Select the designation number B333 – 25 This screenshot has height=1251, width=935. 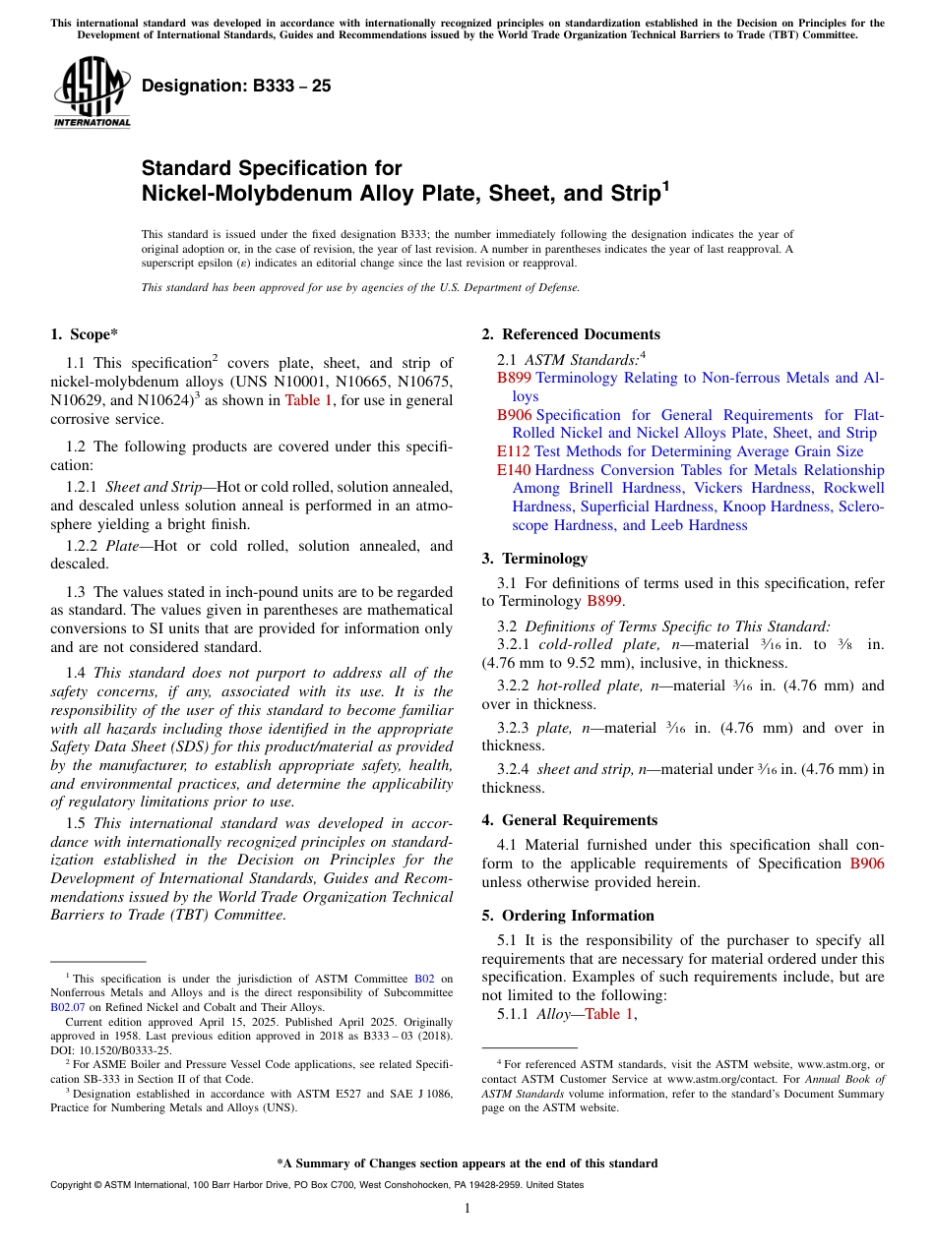[236, 87]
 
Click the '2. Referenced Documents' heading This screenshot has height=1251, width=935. [571, 334]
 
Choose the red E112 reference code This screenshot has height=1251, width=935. [514, 451]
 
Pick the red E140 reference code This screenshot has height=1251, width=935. [514, 470]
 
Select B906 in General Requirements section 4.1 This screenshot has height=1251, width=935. [866, 864]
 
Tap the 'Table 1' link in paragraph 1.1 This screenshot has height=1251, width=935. [308, 400]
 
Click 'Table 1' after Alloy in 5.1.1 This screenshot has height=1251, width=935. [609, 1014]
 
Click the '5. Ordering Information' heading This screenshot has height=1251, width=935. [568, 916]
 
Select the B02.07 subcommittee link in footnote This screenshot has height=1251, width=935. [68, 1007]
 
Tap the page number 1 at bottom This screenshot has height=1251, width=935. [467, 1208]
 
